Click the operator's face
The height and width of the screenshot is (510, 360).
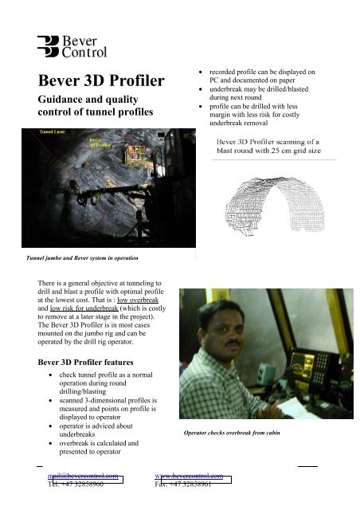click(x=218, y=334)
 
